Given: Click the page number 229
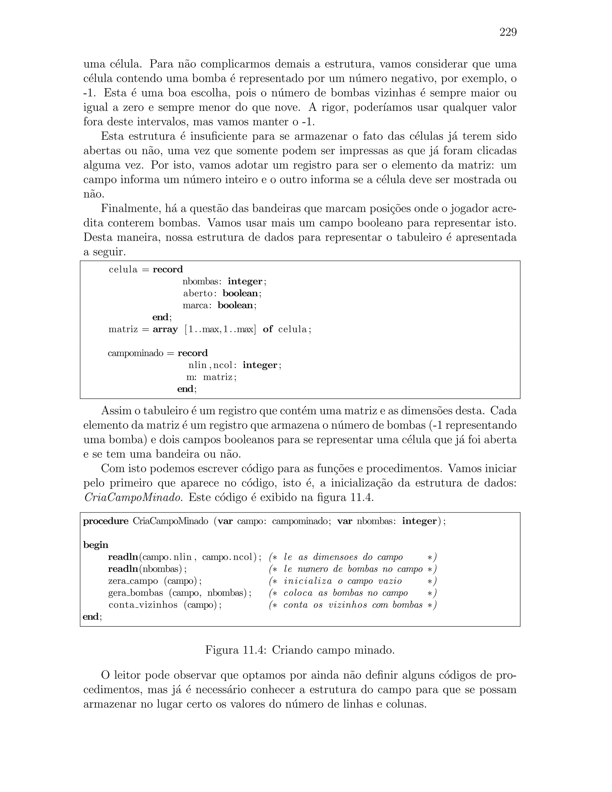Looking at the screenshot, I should (x=508, y=32).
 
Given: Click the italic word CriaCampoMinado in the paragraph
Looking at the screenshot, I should (x=132, y=498).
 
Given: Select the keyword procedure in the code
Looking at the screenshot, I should (x=105, y=522).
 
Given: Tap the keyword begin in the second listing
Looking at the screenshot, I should (x=96, y=545).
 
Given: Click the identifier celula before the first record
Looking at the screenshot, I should (x=123, y=270).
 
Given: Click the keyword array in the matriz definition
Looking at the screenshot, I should (x=165, y=329).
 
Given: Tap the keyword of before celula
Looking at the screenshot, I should (x=267, y=329).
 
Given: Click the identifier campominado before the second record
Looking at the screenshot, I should (x=136, y=353).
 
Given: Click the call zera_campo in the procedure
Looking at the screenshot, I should (x=133, y=581).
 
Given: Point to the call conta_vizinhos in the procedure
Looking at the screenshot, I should (x=143, y=605).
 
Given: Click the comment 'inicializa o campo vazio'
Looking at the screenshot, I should (x=343, y=581).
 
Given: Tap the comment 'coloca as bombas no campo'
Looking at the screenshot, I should (x=345, y=593).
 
